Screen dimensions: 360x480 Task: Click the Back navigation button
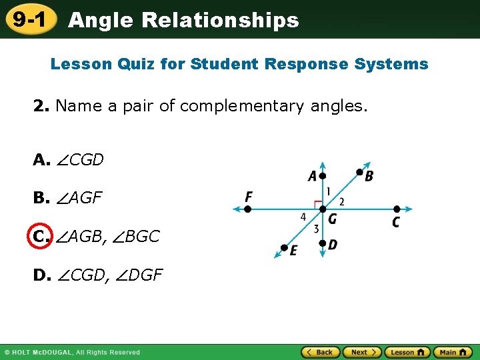point(320,352)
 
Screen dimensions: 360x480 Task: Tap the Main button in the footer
point(453,352)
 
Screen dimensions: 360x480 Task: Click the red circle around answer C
point(39,236)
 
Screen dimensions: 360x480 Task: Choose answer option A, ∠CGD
point(69,160)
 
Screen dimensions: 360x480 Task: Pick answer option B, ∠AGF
point(68,198)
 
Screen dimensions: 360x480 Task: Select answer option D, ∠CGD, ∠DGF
point(98,274)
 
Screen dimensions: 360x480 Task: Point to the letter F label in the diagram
point(249,197)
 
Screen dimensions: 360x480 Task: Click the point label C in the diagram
point(396,222)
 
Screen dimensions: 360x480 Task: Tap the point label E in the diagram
point(293,251)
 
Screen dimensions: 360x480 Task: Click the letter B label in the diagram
point(369,176)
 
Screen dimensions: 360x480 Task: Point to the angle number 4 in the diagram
point(303,217)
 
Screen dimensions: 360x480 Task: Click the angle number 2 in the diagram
point(341,201)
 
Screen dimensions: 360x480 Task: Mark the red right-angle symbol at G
point(318,204)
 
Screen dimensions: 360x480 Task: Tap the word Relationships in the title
point(220,20)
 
